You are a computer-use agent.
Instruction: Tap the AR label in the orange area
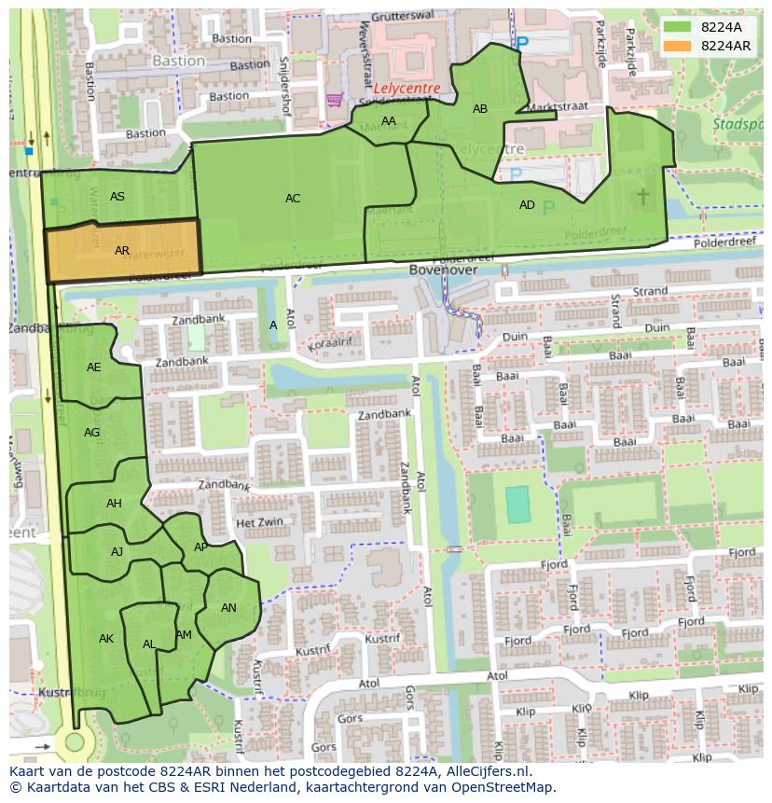122,251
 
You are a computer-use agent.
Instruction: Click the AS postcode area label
117,197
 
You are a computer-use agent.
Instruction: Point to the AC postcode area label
293,199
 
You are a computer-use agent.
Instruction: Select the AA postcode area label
389,121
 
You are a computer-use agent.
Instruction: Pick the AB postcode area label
480,109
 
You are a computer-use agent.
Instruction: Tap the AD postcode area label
527,205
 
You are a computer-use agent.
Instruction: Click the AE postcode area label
94,367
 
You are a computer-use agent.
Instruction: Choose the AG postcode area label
91,433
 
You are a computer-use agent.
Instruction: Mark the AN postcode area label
228,608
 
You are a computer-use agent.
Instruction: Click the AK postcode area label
106,639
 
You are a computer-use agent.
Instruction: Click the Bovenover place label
443,270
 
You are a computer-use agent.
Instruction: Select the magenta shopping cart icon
333,99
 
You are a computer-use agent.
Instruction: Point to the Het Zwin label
259,523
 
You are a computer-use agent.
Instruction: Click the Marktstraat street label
558,107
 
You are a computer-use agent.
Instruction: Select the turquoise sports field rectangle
517,505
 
